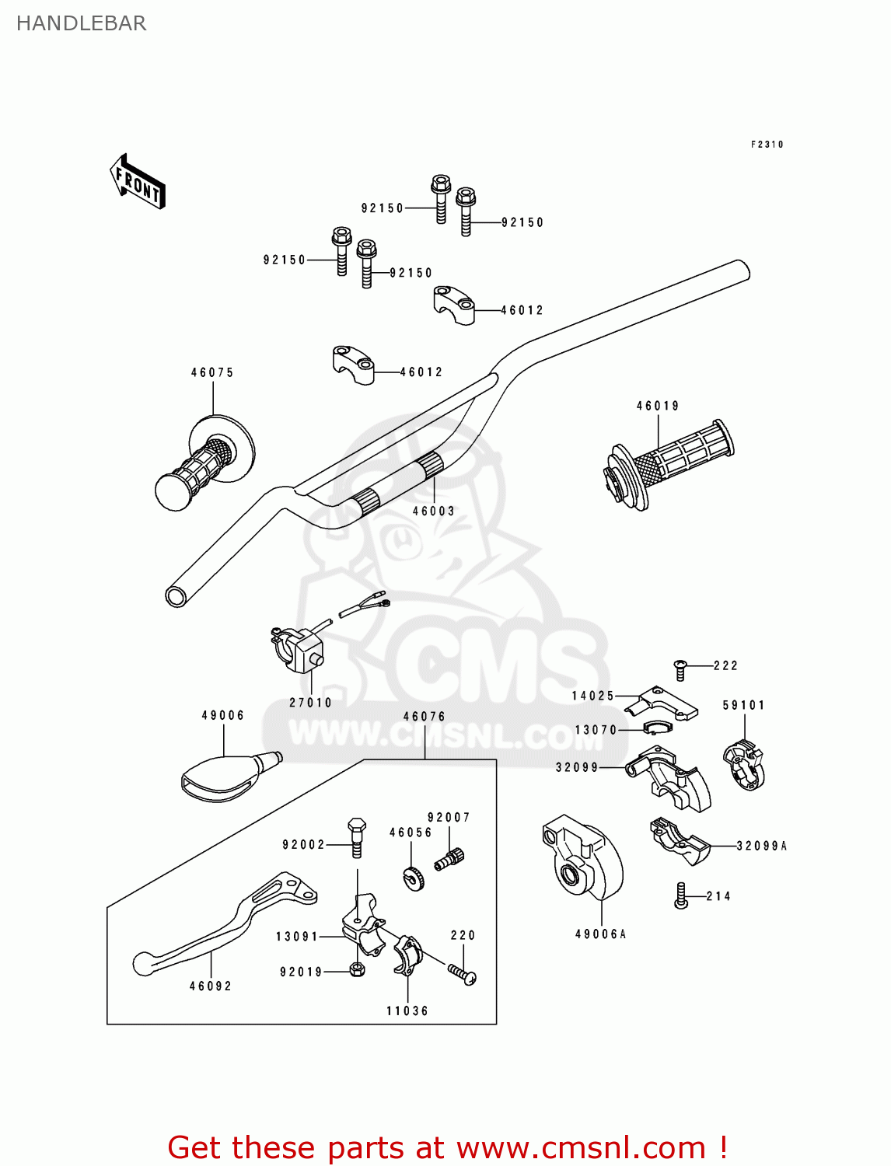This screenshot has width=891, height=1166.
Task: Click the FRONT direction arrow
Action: [138, 182]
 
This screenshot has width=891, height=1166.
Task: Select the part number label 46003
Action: [433, 511]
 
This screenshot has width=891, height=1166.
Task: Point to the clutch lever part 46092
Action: [225, 925]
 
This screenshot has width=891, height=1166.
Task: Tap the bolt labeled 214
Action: [682, 895]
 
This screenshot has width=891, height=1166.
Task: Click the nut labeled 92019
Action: [357, 970]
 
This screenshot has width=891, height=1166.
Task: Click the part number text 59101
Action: [744, 705]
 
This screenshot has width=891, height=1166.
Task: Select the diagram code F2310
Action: [767, 145]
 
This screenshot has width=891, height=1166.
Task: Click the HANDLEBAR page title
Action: [81, 23]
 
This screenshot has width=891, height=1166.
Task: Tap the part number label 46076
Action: [425, 717]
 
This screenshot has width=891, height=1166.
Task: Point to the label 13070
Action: [596, 730]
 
